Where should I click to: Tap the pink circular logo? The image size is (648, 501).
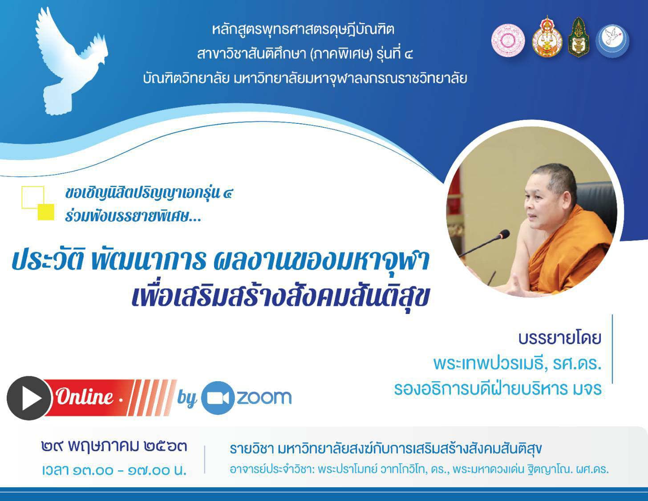(508, 40)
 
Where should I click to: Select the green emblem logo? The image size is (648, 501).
(579, 37)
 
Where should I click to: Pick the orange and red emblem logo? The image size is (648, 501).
(547, 37)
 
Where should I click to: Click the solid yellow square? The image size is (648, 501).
(46, 212)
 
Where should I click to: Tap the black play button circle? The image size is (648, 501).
(29, 398)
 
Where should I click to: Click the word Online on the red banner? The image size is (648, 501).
(85, 397)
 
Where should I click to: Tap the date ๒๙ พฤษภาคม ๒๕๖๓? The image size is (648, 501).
(114, 447)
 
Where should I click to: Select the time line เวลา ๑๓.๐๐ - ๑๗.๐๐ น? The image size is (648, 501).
(114, 470)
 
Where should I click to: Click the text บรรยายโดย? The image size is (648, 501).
(560, 338)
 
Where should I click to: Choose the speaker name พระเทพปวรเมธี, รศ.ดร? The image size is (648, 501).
(518, 364)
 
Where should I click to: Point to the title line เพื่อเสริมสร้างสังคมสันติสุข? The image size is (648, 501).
(281, 296)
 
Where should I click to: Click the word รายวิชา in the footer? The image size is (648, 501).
(251, 449)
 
